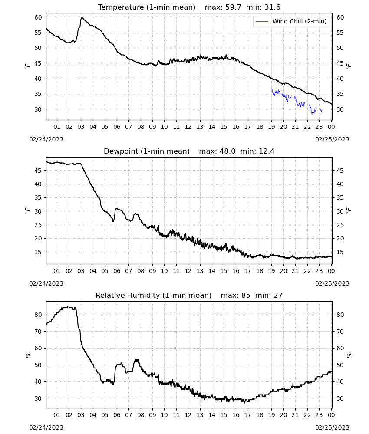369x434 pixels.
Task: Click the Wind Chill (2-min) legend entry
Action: coord(291,21)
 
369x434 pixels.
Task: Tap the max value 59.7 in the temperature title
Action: coord(233,7)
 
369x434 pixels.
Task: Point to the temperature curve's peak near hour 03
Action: coord(82,18)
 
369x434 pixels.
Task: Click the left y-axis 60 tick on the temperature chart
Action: coord(38,17)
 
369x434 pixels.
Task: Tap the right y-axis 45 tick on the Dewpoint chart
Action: coord(340,171)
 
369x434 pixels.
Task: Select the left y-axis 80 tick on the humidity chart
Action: coord(38,315)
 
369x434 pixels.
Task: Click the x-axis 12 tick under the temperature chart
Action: coord(188,127)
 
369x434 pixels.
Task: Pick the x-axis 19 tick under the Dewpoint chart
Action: coord(271,271)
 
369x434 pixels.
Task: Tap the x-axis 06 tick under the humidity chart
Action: coord(117,415)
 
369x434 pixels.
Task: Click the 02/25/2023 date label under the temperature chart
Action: coord(332,139)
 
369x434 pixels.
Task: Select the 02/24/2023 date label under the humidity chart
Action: coord(46,427)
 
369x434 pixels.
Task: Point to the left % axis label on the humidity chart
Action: coord(28,355)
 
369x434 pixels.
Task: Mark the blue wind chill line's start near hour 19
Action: coord(271,88)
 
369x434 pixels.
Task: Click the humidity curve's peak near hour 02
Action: coord(69,306)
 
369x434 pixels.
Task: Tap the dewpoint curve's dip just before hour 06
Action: coord(113,221)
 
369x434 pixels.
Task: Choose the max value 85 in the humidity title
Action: coord(246,295)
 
